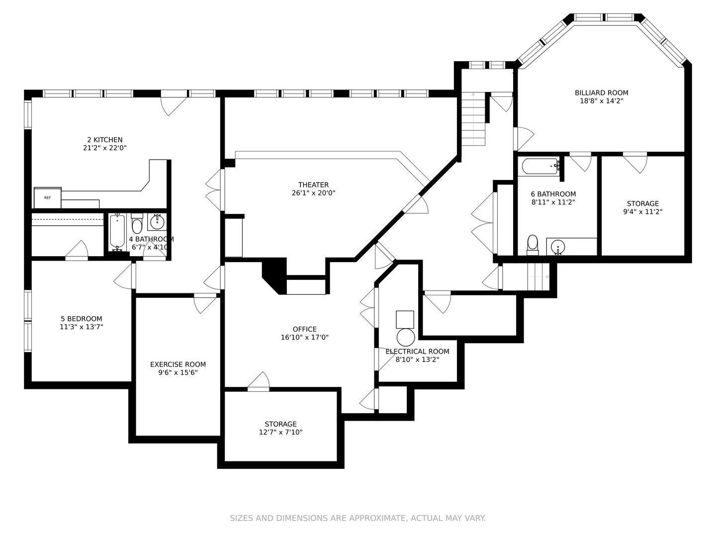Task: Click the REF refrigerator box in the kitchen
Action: (48, 197)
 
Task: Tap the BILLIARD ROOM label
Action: (602, 93)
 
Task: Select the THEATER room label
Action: (313, 185)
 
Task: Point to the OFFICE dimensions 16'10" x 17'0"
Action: (305, 338)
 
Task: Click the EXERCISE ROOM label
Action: (178, 364)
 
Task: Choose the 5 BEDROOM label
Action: (82, 319)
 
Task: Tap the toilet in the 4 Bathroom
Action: (137, 224)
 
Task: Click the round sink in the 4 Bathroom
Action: (158, 222)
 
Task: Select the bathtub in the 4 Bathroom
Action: (117, 232)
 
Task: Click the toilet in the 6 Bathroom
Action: (533, 245)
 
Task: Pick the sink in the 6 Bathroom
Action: (558, 247)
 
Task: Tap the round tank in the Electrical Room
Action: (406, 338)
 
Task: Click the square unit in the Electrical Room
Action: (405, 320)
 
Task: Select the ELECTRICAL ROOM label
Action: (418, 352)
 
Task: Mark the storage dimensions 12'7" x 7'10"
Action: (281, 433)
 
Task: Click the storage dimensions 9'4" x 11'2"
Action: (643, 212)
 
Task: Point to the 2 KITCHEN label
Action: (105, 140)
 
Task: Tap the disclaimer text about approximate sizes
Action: (358, 518)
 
